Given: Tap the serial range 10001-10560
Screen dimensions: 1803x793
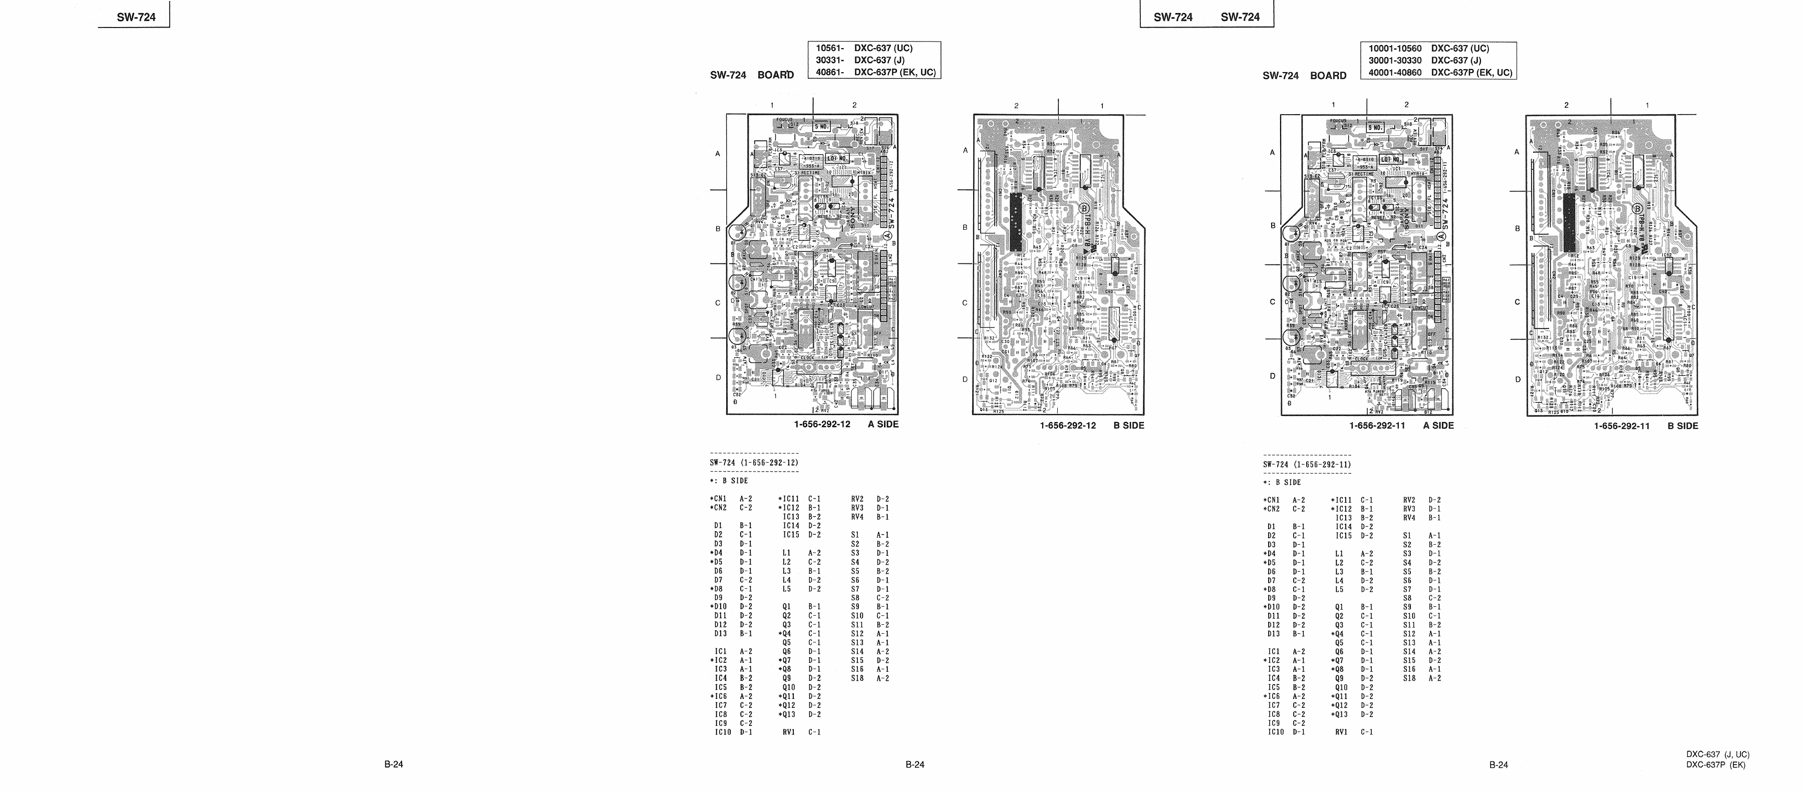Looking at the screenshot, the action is (1395, 48).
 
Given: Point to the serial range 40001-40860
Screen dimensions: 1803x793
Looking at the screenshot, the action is (1395, 72).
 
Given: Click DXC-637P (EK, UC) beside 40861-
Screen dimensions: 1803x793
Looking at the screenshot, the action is (894, 72).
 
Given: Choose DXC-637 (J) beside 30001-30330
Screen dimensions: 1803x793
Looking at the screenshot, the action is (1456, 60).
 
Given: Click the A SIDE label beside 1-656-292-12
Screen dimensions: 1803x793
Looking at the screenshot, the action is (883, 424).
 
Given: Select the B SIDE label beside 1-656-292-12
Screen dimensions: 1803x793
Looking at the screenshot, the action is (1129, 426).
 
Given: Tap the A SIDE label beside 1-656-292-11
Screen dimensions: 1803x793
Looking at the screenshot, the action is (1438, 426).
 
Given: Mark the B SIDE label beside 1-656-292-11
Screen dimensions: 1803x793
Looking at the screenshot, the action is (1683, 426).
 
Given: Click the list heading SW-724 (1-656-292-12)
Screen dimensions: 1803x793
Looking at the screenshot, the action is (754, 463).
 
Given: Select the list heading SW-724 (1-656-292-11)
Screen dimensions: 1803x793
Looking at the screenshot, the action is (1307, 464).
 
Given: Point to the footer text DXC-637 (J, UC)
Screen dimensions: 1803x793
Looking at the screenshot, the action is (1718, 754).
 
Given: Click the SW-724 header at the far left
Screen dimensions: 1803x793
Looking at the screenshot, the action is (137, 18).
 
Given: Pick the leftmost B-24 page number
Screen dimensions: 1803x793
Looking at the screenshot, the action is (393, 764).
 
